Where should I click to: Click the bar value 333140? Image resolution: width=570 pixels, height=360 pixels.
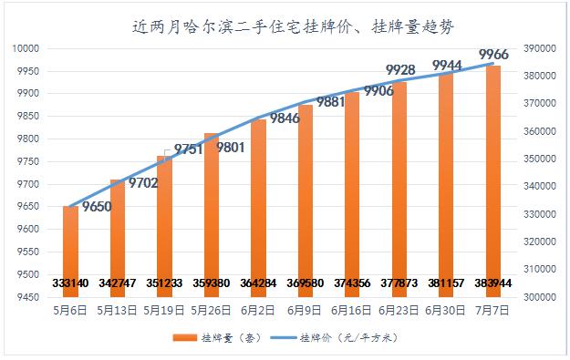(70, 283)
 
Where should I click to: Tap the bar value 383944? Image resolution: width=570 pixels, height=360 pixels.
(493, 283)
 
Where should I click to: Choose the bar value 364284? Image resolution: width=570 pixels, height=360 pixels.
(258, 283)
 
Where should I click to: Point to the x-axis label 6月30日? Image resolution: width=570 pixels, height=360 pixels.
(446, 310)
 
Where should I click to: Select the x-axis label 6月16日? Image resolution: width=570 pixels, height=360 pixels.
(352, 310)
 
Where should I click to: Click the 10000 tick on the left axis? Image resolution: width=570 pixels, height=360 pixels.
(24, 47)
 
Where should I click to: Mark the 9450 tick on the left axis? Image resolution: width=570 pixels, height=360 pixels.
(26, 297)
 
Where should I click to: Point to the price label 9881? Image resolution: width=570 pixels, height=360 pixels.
(331, 102)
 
